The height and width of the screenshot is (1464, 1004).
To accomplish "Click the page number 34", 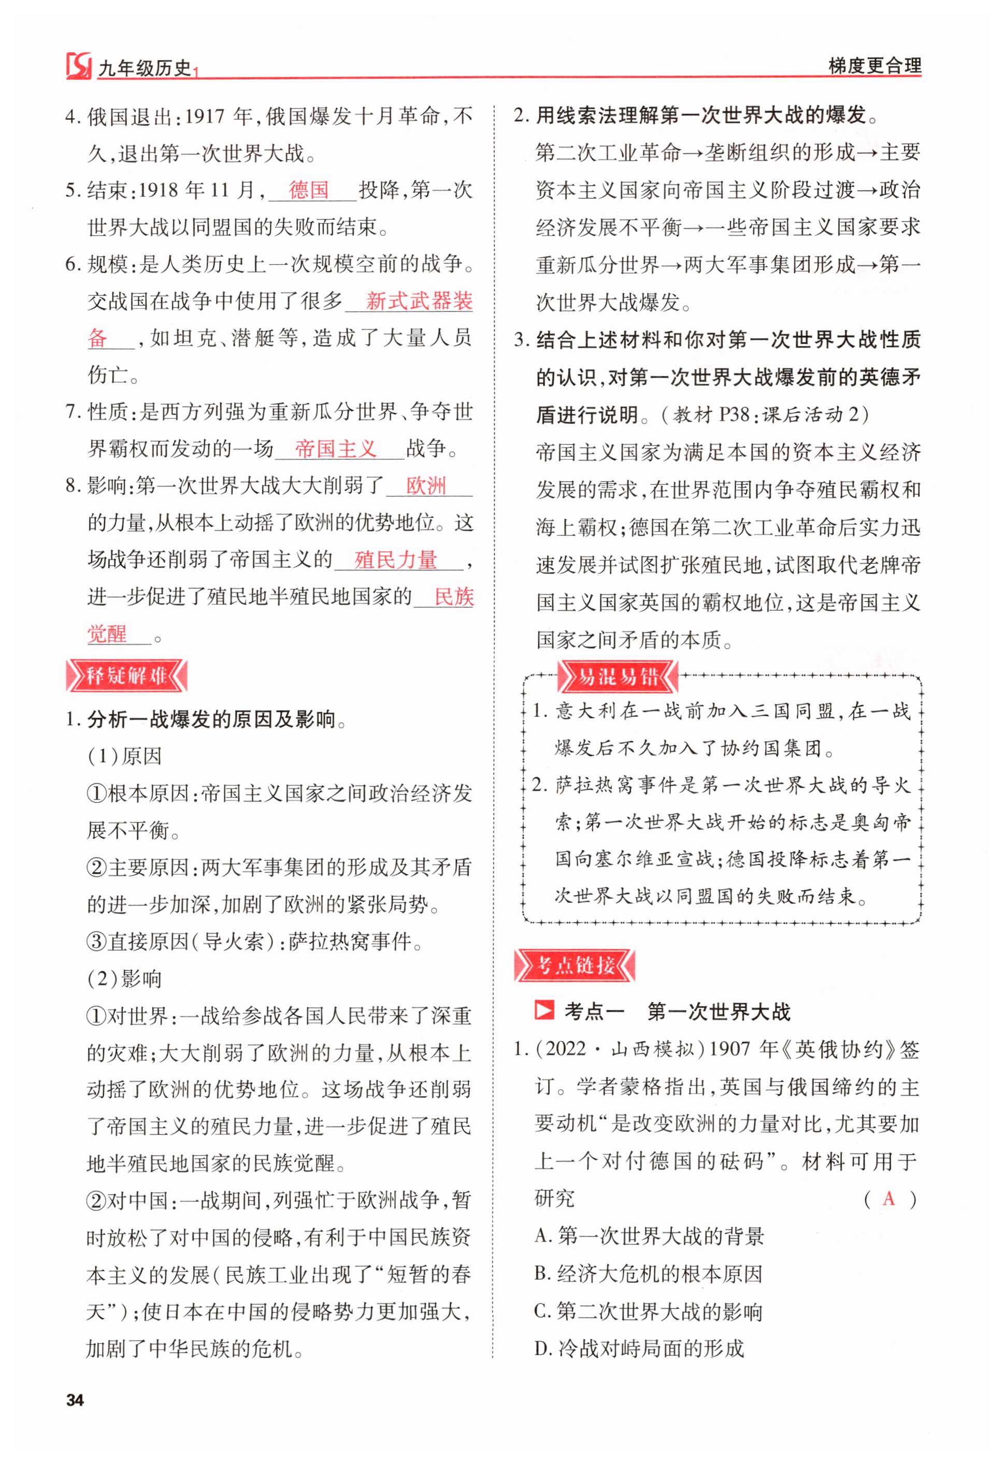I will tap(75, 1400).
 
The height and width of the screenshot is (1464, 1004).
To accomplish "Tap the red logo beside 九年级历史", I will tap(79, 65).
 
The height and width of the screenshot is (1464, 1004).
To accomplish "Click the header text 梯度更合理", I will tap(874, 65).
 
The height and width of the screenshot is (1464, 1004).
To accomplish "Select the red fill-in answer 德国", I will tap(309, 190).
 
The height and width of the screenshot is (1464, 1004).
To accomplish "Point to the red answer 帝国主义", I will tap(335, 449).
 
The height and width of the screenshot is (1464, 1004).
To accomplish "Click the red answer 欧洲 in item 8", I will tap(426, 486).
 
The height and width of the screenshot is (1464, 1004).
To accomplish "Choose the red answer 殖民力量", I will tap(396, 559).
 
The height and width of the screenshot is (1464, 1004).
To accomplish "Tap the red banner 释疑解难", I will tap(126, 676).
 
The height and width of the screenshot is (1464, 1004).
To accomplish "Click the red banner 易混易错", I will tap(617, 677).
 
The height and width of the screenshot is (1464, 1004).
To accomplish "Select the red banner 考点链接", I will tap(575, 965).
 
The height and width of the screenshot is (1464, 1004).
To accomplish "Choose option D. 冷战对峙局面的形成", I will tap(639, 1348).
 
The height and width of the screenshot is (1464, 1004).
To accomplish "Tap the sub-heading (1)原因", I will tap(125, 756).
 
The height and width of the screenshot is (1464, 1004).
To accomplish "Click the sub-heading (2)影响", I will tap(125, 979).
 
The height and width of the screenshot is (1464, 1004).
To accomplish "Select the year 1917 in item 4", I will tap(205, 116).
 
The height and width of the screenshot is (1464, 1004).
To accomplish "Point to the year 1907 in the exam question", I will tap(729, 1050).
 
